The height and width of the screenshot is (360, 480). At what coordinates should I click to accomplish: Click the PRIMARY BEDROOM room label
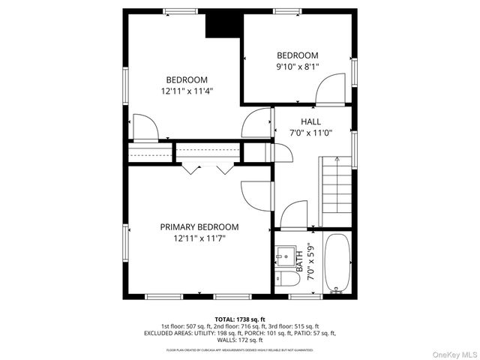[x=199, y=226]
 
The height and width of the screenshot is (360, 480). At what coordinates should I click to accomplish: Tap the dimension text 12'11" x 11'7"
[x=199, y=238]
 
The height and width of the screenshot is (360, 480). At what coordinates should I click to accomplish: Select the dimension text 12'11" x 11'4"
[x=187, y=91]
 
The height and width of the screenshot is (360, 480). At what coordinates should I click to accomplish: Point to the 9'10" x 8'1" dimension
[x=298, y=67]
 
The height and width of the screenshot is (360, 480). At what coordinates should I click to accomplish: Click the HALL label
[x=310, y=121]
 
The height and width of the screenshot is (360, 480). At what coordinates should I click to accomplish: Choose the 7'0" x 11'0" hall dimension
[x=310, y=133]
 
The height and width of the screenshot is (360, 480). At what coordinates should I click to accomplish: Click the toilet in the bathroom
[x=286, y=280]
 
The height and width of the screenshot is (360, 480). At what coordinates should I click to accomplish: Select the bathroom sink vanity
[x=285, y=256]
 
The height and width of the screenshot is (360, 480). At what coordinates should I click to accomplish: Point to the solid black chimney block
[x=222, y=24]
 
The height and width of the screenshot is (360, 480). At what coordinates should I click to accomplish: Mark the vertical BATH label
[x=299, y=262]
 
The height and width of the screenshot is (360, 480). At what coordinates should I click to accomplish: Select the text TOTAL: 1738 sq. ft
[x=240, y=319]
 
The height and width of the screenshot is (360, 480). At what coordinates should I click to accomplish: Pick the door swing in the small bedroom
[x=331, y=93]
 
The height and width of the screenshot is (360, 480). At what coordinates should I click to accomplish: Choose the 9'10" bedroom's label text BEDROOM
[x=298, y=55]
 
